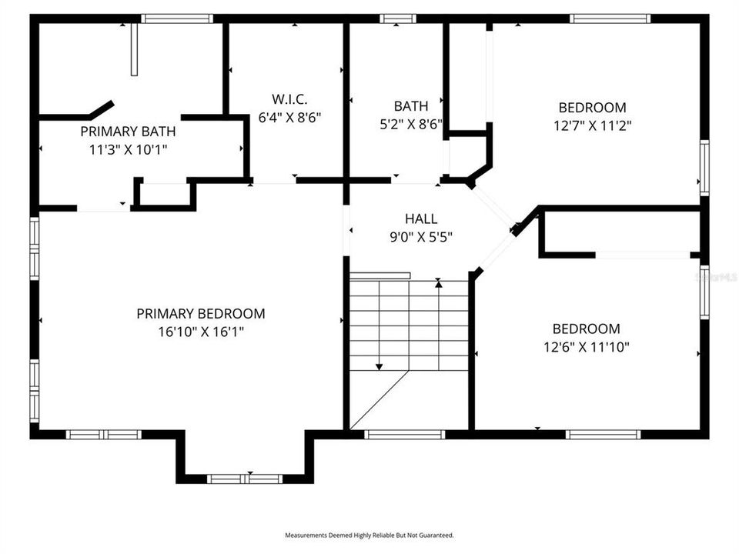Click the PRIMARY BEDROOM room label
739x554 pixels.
pyautogui.click(x=201, y=314)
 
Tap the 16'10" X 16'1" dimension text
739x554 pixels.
pyautogui.click(x=201, y=332)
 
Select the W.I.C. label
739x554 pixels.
pyautogui.click(x=289, y=99)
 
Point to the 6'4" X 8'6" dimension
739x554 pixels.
pyautogui.click(x=289, y=118)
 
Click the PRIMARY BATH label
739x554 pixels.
pyautogui.click(x=128, y=132)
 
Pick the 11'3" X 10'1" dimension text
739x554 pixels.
pyautogui.click(x=128, y=149)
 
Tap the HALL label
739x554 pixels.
pyautogui.click(x=420, y=219)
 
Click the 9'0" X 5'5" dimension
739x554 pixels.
pyautogui.click(x=420, y=237)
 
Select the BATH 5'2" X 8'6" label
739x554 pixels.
pyautogui.click(x=412, y=115)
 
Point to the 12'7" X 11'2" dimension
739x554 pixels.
pyautogui.click(x=592, y=125)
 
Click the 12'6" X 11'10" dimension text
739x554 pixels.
pyautogui.click(x=586, y=347)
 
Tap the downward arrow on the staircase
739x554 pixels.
pyautogui.click(x=379, y=365)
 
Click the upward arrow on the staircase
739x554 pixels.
pyautogui.click(x=439, y=284)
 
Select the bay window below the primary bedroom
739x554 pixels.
pyautogui.click(x=245, y=479)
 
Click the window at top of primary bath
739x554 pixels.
pyautogui.click(x=177, y=18)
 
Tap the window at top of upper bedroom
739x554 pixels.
pyautogui.click(x=610, y=18)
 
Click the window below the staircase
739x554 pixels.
pyautogui.click(x=405, y=435)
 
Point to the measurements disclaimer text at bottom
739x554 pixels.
pyautogui.click(x=369, y=535)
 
